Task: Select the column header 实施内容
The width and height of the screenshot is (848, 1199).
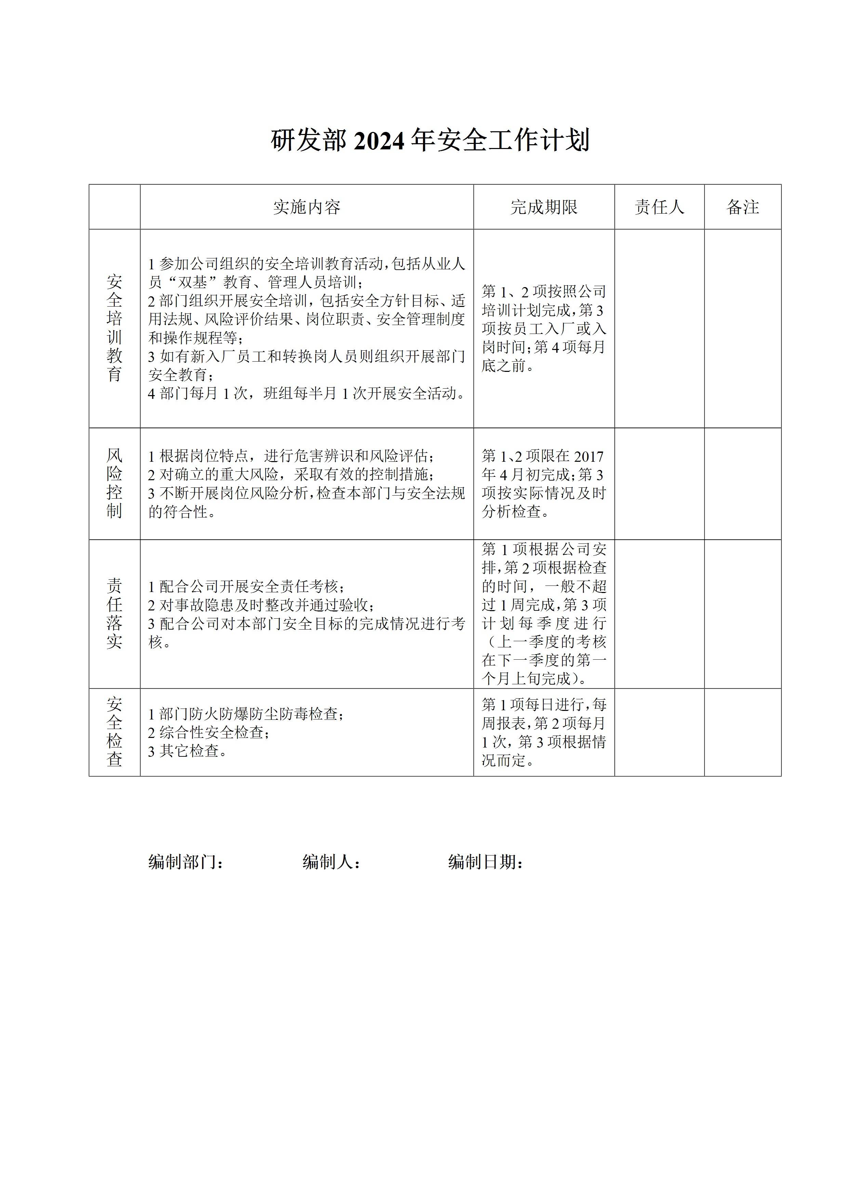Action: click(x=307, y=207)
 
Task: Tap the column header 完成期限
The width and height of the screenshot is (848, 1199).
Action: click(x=544, y=207)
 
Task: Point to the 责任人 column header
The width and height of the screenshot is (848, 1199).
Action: click(x=659, y=207)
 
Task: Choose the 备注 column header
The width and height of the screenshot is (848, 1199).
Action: click(x=742, y=207)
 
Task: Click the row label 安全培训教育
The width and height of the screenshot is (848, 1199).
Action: click(x=115, y=328)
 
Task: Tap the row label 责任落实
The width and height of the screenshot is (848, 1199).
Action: click(x=115, y=613)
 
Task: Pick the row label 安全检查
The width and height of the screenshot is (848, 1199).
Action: click(x=115, y=732)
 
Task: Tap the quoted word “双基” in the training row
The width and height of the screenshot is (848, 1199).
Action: click(x=193, y=283)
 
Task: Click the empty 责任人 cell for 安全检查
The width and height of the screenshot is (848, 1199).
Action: click(x=659, y=732)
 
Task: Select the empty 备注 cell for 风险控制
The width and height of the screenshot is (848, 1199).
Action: click(x=742, y=484)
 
